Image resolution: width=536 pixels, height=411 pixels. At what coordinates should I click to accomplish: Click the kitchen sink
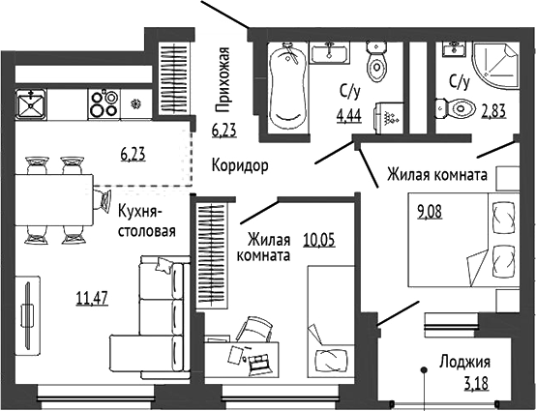31,104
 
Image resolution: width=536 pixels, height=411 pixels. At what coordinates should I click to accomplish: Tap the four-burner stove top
104,104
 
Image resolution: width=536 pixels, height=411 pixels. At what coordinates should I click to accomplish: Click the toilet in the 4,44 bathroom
376,62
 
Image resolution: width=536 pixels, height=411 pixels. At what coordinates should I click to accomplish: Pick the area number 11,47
92,298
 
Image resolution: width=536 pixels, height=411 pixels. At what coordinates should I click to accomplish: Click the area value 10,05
319,240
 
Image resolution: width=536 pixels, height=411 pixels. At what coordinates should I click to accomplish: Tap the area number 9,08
429,212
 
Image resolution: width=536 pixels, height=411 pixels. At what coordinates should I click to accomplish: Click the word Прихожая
223,79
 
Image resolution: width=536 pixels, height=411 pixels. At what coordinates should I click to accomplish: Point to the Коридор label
240,166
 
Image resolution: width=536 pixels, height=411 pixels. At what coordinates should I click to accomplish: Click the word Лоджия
465,362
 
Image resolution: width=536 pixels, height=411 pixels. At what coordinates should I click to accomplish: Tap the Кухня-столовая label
147,221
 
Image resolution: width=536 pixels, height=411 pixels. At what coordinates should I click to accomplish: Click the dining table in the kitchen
54,200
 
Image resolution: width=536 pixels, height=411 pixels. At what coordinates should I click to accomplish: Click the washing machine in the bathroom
389,118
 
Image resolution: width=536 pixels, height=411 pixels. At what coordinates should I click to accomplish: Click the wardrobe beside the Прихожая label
173,78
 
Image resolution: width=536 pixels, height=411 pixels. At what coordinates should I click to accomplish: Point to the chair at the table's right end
103,199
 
